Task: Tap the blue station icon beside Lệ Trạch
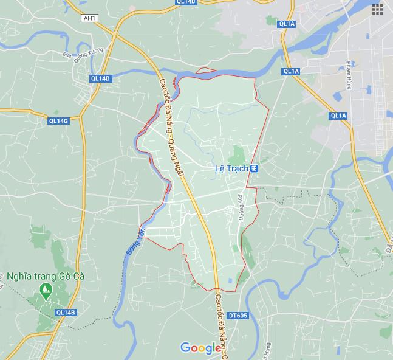coord(255,168)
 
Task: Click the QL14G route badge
coord(58,121)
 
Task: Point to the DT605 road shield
coord(238,315)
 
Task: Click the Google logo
coord(201,348)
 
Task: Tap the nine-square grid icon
coord(378,9)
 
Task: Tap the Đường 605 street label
coord(241,207)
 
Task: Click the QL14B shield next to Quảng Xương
coord(100,78)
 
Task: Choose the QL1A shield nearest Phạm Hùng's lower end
coord(338,116)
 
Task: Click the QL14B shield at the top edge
coord(186,2)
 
